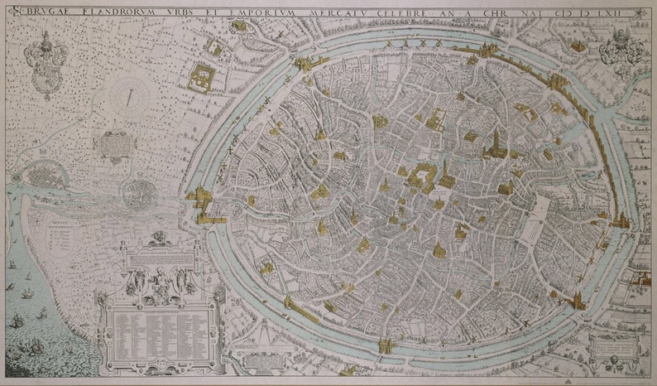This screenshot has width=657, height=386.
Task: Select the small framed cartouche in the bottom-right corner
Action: point(613,347)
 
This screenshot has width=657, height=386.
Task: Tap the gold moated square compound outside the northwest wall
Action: point(201,77)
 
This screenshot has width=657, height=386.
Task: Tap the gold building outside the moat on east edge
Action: point(621,221)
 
